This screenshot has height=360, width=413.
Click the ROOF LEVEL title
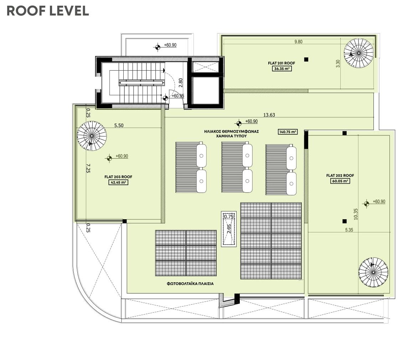48,11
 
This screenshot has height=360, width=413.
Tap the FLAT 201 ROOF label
282,63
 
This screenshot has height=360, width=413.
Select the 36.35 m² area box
282,69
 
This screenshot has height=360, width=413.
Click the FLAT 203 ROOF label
118,177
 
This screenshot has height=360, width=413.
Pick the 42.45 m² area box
118,182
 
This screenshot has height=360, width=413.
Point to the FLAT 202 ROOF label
340,175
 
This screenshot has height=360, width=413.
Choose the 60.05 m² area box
340,181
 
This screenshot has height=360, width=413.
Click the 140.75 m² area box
288,132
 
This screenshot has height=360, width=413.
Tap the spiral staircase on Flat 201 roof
359,53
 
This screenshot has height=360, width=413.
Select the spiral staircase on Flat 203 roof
92,136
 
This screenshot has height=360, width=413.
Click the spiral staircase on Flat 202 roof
373,272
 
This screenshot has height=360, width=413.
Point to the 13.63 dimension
269,115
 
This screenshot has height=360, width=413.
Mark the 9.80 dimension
298,42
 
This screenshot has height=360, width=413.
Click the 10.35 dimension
356,214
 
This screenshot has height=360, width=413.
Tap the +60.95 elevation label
178,96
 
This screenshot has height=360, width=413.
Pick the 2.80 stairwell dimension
181,83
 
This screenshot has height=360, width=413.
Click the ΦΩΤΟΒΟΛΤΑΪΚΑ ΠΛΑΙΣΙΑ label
190,284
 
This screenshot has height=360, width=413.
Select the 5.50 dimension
119,125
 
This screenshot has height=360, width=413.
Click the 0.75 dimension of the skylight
229,217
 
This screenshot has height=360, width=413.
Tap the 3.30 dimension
338,63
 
